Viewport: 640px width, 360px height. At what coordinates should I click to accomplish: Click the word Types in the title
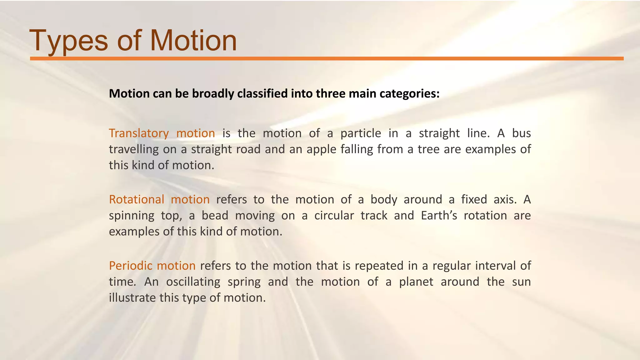68,41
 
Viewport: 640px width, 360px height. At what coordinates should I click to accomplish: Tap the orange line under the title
327,58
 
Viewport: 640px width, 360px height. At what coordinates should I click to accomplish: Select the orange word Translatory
139,133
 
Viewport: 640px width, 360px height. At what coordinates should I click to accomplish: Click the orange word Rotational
137,199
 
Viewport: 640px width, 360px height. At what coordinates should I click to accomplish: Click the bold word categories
410,93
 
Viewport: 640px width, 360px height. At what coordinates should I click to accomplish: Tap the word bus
521,133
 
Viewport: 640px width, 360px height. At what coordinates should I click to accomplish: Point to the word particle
361,133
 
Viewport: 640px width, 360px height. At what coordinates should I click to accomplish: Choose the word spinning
132,216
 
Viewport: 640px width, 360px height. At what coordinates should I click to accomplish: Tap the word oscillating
193,282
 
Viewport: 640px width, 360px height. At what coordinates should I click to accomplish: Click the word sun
521,282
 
